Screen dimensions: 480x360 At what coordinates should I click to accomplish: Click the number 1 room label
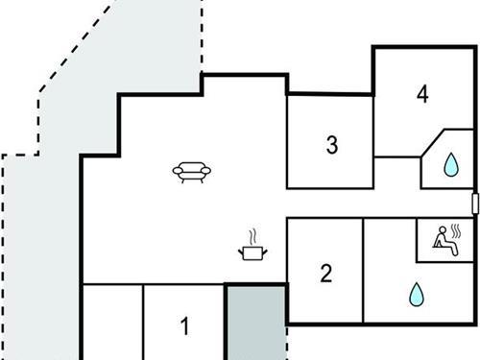(185, 324)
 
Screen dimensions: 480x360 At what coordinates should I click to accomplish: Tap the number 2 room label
(325, 274)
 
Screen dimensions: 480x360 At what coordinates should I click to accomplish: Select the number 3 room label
(331, 146)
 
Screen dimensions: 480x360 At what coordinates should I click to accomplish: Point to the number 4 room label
(421, 94)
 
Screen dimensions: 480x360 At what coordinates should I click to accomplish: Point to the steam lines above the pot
(252, 235)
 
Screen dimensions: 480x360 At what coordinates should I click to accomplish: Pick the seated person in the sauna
(444, 240)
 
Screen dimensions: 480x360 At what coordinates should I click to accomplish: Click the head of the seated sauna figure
(443, 229)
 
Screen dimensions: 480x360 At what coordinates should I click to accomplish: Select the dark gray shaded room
(255, 322)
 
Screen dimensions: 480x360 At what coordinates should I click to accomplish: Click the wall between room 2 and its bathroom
(364, 269)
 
